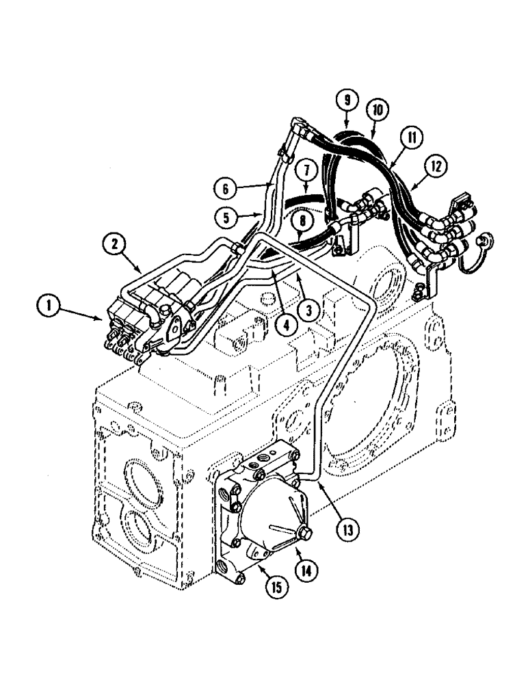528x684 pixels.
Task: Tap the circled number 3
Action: [309, 311]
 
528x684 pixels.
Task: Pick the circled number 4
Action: [287, 324]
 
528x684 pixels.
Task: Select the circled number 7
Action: [307, 169]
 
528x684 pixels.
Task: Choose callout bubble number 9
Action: [347, 101]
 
